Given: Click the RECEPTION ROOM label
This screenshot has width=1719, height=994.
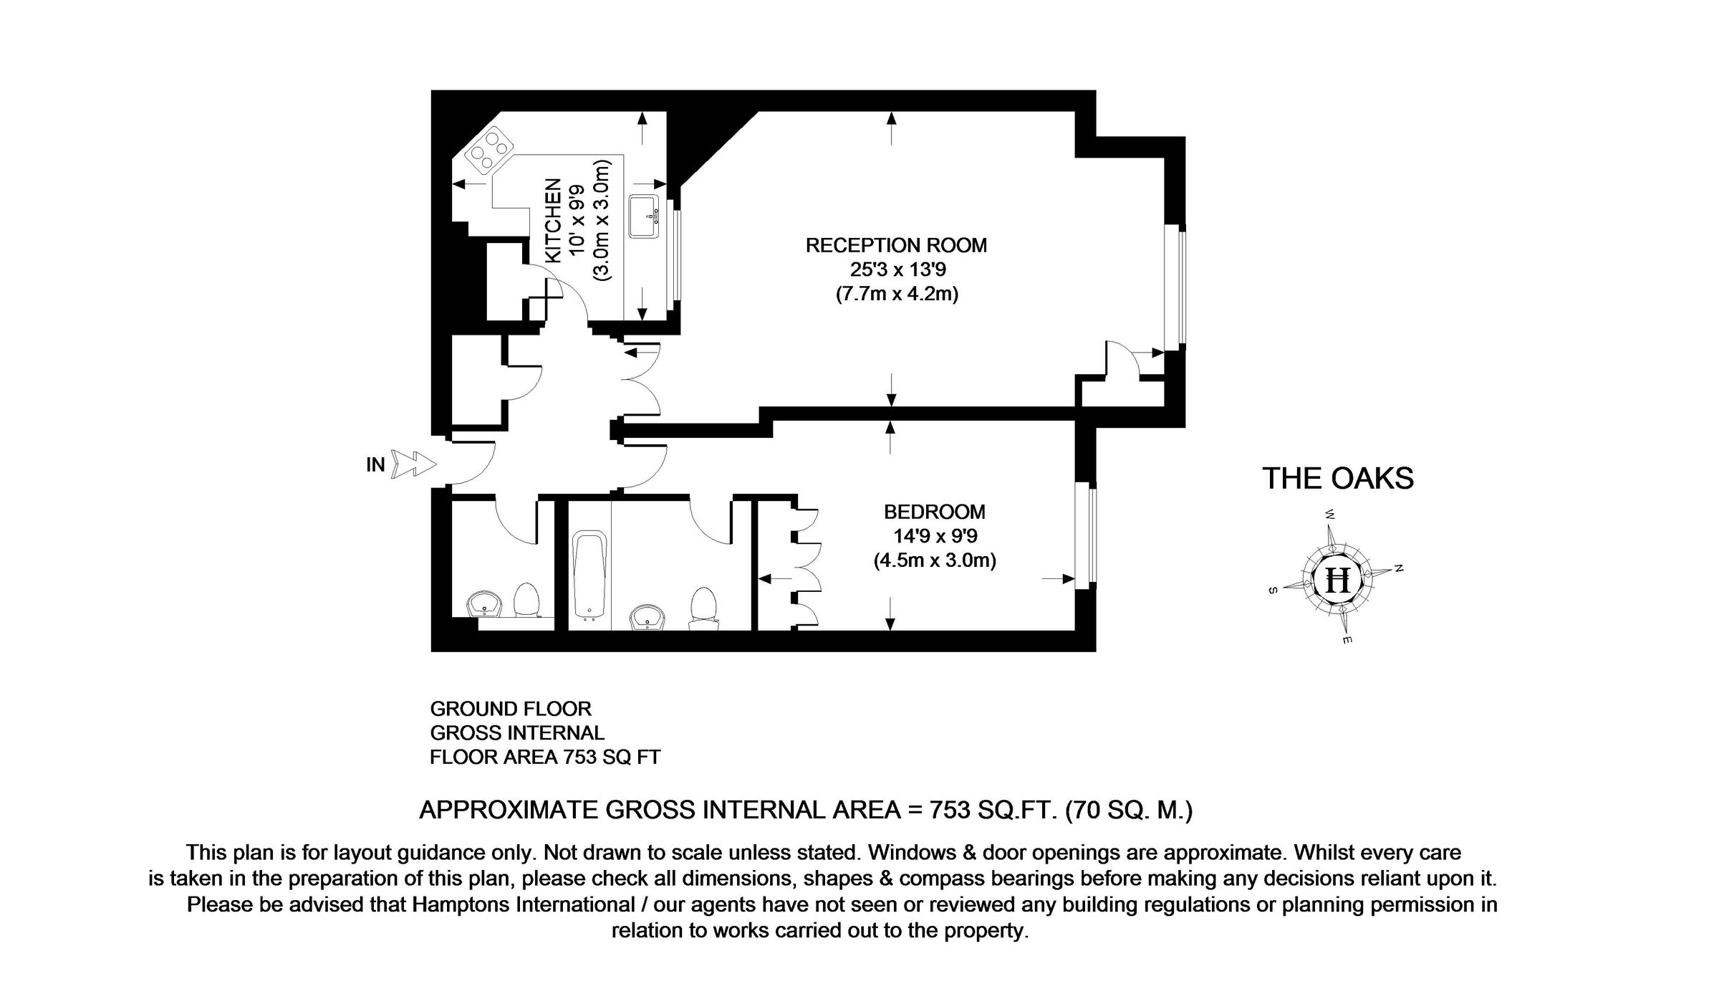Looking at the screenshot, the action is (x=896, y=246).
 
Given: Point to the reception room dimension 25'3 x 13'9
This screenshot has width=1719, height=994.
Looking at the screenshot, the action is (x=896, y=270).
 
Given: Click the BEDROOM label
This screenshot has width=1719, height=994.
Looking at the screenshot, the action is (x=934, y=512).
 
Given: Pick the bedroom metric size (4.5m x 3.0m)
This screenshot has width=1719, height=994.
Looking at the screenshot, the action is (x=934, y=560).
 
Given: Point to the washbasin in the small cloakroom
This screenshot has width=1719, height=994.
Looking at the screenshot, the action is (x=485, y=604).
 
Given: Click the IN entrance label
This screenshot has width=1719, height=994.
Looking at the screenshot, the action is (x=376, y=465).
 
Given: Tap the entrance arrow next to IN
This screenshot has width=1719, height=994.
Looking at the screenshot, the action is (x=415, y=464).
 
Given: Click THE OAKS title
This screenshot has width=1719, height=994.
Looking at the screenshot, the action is (x=1338, y=479).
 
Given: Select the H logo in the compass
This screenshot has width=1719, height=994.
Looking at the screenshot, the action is (x=1337, y=579).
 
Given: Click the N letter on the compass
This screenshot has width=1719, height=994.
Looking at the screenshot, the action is (x=1398, y=568).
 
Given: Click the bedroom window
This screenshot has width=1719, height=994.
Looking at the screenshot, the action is (x=1087, y=534).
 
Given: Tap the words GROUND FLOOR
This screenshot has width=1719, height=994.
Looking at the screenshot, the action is (x=511, y=709).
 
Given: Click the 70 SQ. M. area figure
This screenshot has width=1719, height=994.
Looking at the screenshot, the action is (x=1129, y=811).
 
